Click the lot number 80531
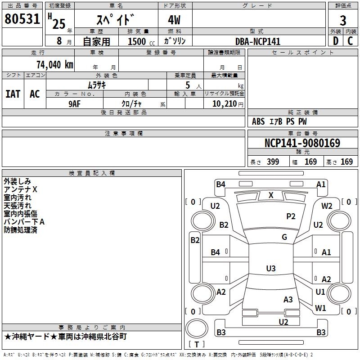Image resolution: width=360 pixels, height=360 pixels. tap(22, 19)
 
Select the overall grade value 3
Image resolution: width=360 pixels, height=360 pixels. tap(343, 21)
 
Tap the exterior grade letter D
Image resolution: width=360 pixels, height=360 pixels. tap(336, 41)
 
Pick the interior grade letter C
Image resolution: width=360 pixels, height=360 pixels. tap(350, 41)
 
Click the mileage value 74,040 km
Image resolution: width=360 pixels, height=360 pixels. tap(55, 65)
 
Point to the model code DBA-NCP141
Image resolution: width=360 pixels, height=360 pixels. tap(258, 41)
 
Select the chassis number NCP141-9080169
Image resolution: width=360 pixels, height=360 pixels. tap(302, 143)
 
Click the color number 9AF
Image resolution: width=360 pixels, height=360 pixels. tap(75, 104)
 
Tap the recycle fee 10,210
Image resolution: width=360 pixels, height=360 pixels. tap(225, 104)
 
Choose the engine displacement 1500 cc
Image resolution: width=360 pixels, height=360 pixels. tap(141, 41)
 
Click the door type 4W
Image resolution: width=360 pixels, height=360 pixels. tap(174, 20)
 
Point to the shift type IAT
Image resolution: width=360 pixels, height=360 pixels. tap(13, 94)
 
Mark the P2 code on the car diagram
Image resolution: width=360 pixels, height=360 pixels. tap(291, 216)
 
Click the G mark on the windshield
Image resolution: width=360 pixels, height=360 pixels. tap(284, 237)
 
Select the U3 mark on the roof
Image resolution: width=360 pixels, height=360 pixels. tap(271, 268)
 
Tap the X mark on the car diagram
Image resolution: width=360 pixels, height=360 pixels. tap(271, 195)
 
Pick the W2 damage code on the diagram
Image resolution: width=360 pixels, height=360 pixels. tap(327, 206)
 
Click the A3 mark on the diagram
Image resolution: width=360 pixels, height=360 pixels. tap(288, 300)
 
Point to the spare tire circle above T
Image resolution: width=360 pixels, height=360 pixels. tap(197, 328)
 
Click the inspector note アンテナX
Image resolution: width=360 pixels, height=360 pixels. tap(20, 189)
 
